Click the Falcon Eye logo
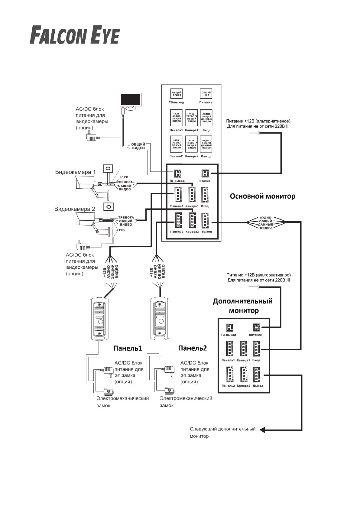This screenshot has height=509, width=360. tap(75, 36)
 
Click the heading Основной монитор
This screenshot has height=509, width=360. tap(262, 196)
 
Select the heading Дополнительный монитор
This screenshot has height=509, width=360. tap(243, 306)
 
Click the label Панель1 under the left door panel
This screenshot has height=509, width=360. tap(128, 348)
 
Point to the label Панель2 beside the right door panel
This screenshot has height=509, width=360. tap(193, 348)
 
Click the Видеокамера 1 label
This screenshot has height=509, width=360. tap(75, 172)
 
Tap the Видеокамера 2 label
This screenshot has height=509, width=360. tap(75, 209)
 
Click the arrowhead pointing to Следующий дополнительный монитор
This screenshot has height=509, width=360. tap(262, 430)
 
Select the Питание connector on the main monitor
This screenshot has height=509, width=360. tap(205, 173)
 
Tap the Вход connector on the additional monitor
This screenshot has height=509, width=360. tap(256, 349)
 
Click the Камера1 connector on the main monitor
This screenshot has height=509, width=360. tap(192, 195)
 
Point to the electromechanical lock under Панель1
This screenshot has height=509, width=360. tap(108, 391)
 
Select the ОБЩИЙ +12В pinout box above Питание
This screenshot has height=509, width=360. tap(206, 94)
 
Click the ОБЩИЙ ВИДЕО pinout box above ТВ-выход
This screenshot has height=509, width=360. tap(177, 94)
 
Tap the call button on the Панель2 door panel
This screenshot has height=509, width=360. tap(161, 321)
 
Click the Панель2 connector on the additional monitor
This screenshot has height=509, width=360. tap(230, 375)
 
